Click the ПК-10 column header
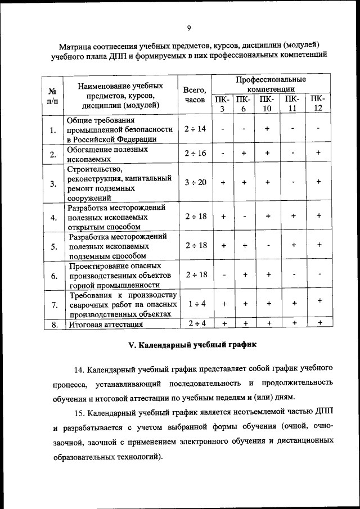pyautogui.click(x=267, y=104)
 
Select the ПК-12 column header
pyautogui.click(x=318, y=104)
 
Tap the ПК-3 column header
pyautogui.click(x=223, y=104)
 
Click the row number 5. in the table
pyautogui.click(x=53, y=246)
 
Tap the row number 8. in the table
pyautogui.click(x=53, y=324)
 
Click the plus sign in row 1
pyautogui.click(x=267, y=129)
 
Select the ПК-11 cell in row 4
pyautogui.click(x=293, y=215)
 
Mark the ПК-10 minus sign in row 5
pyautogui.click(x=267, y=245)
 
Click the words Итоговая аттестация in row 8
pyautogui.click(x=105, y=325)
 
